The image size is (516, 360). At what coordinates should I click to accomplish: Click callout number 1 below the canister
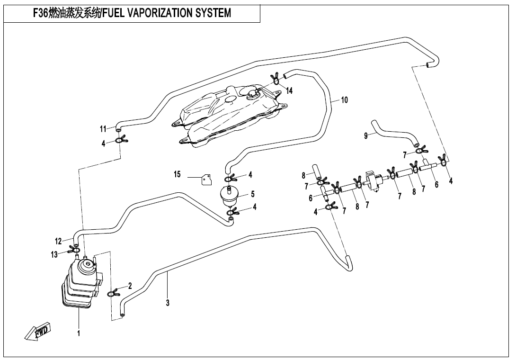[x=79, y=333]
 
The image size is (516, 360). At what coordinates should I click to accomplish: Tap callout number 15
[x=178, y=175]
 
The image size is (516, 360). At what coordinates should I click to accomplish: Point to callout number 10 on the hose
[x=344, y=100]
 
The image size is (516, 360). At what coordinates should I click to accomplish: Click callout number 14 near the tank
[x=289, y=90]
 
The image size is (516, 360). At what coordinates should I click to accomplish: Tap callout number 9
[x=365, y=136]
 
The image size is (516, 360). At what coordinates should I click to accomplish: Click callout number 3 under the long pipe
[x=168, y=303]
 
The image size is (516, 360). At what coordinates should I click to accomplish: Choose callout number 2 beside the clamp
[x=130, y=286]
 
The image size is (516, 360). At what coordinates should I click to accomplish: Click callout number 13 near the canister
[x=55, y=255]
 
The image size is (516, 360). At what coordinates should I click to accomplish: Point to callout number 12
[x=58, y=241]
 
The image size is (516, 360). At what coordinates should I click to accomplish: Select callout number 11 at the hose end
[x=103, y=129]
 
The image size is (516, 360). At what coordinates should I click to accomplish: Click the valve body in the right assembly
[x=375, y=180]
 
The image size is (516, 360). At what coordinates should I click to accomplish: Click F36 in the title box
[x=40, y=13]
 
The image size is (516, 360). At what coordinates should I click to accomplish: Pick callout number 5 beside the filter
[x=253, y=194]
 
